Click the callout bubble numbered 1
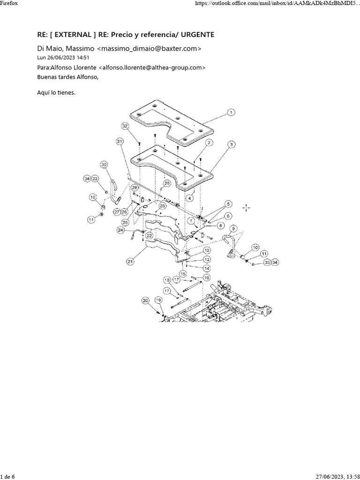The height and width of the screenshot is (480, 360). [x=231, y=112]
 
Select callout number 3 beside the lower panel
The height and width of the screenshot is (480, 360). [x=231, y=145]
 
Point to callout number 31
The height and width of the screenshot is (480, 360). [x=120, y=141]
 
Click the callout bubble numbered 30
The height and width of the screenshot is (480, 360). [x=104, y=164]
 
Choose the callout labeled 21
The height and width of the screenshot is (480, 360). [x=130, y=261]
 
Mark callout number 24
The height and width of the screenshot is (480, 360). [x=121, y=230]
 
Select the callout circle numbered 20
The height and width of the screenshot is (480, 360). [x=145, y=300]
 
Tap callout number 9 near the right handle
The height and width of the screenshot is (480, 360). [x=233, y=229]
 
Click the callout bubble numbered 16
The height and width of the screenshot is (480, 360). [x=206, y=277]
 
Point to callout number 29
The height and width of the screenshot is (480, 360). [x=166, y=183]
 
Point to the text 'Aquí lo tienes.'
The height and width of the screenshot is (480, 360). [x=56, y=92]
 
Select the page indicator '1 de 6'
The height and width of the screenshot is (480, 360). [x=8, y=476]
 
